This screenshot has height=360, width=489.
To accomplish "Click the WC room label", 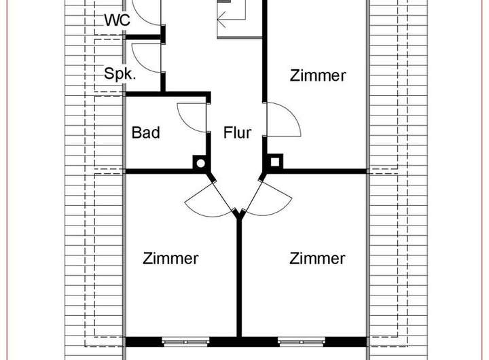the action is (117, 20).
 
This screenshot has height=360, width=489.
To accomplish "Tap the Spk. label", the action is (120, 73).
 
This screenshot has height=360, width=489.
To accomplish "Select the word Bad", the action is (145, 132).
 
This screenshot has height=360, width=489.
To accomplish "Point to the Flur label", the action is (237, 132).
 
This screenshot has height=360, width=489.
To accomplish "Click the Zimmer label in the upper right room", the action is (318, 75).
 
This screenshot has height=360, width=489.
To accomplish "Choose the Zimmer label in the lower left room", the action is (170, 259).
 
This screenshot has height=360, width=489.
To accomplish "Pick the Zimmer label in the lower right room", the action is (318, 259).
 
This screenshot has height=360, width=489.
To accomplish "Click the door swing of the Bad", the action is (191, 118).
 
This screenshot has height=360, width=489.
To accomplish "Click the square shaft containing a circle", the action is (200, 163).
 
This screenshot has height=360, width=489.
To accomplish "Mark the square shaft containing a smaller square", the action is (276, 163).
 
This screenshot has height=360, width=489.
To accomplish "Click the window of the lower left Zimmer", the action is (184, 342).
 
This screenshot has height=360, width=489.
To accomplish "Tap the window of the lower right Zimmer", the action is (300, 342).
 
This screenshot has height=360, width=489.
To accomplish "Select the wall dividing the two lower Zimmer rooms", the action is (239, 278).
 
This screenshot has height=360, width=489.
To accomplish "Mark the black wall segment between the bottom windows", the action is (241, 342).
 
